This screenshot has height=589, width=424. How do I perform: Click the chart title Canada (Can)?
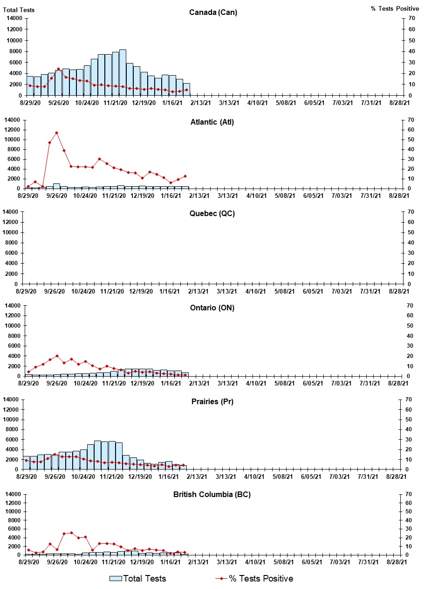point(213,12)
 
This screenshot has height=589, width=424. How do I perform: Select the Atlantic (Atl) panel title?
point(212,122)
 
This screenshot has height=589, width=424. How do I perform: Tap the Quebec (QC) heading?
point(212,214)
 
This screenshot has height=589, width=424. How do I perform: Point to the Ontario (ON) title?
point(212,308)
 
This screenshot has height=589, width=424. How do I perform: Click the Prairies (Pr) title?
point(212,401)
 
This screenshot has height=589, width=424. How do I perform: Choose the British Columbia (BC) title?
point(212,494)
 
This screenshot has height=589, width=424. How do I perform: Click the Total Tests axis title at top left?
point(19,10)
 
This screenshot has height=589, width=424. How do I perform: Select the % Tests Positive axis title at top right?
point(395,9)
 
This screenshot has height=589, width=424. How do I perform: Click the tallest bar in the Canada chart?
point(123,72)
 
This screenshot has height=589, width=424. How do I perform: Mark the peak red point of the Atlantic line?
point(56,133)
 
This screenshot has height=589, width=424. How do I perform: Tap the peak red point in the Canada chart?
point(58,69)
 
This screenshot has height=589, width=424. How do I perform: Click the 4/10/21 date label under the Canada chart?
point(257,103)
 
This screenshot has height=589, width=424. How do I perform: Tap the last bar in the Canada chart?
point(186,89)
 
